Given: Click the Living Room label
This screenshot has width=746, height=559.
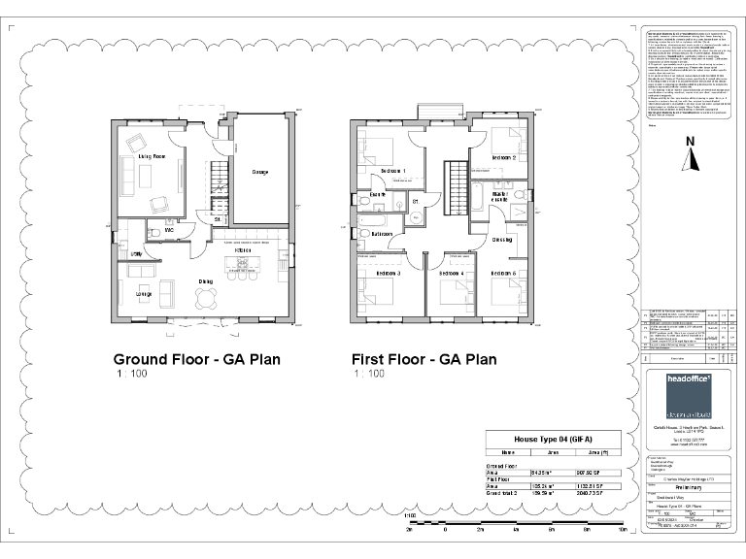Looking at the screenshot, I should [x=151, y=156].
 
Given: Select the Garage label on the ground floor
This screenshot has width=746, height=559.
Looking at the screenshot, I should [x=260, y=173].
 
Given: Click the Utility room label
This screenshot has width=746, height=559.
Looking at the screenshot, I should [x=137, y=253].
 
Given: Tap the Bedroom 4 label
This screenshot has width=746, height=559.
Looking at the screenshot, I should [x=451, y=274].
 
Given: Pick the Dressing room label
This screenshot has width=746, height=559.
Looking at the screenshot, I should [x=502, y=240].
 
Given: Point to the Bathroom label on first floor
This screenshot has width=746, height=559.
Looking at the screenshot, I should [x=382, y=234].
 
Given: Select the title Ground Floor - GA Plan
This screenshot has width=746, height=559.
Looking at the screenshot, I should [x=197, y=359].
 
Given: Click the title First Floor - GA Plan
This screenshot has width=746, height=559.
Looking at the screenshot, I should [x=424, y=359].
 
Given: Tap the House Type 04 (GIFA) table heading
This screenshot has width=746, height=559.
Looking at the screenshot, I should [x=550, y=439].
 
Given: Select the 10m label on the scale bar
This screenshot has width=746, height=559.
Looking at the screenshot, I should [x=622, y=532].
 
